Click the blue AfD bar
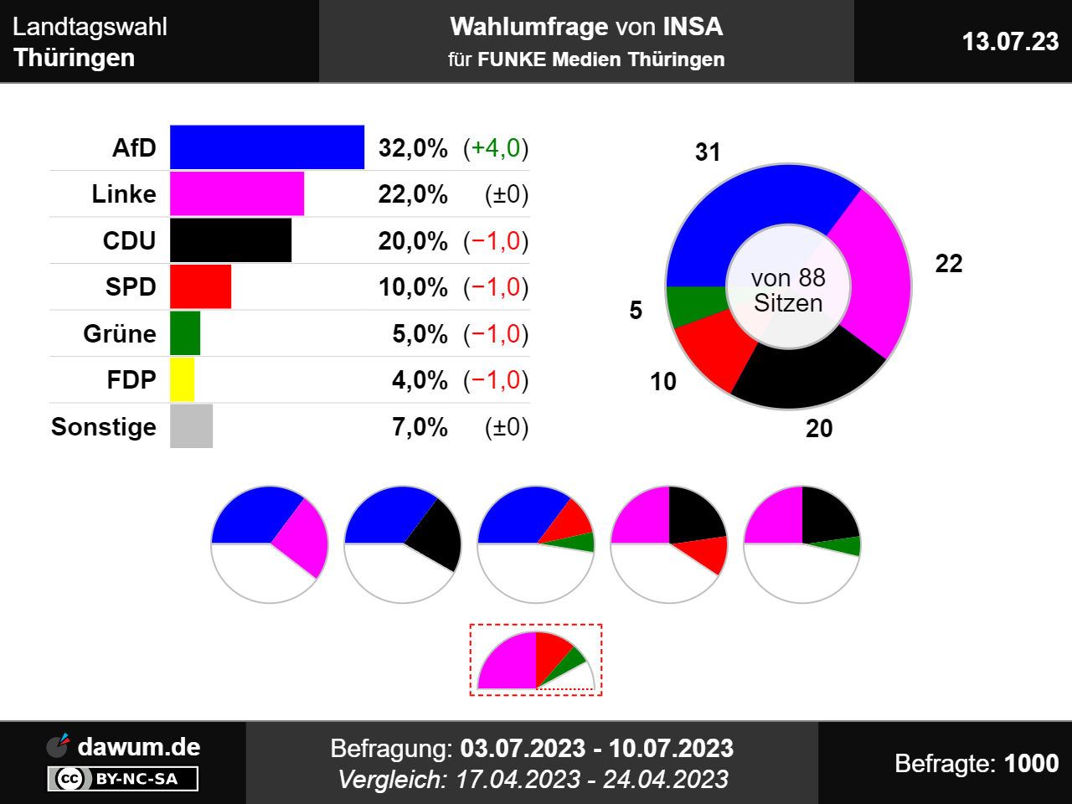click(x=267, y=147)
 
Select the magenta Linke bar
click(x=237, y=193)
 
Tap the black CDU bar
click(x=230, y=240)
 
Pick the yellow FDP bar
click(x=182, y=379)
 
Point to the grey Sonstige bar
click(x=191, y=426)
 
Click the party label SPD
click(x=131, y=287)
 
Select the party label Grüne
click(x=120, y=333)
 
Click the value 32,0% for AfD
click(x=413, y=148)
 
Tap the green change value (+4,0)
click(x=496, y=148)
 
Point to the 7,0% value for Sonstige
click(x=420, y=427)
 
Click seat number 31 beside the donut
click(x=708, y=152)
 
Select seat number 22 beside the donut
click(x=949, y=264)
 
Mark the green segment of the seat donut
click(x=693, y=304)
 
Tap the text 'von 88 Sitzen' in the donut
click(x=788, y=290)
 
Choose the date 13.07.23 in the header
click(x=1010, y=42)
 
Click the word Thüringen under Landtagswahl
click(x=75, y=58)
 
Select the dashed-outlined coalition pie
click(x=536, y=660)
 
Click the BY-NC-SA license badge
click(x=123, y=779)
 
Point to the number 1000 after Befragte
click(x=1031, y=763)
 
